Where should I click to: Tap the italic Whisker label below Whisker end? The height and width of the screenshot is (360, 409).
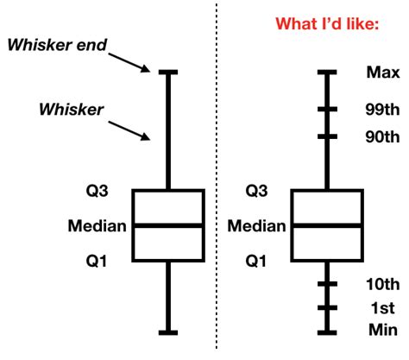click(72, 109)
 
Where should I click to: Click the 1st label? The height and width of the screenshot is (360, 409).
click(381, 307)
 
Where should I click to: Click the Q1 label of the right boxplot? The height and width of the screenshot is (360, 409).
click(257, 260)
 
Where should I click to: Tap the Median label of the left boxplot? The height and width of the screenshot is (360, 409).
click(97, 226)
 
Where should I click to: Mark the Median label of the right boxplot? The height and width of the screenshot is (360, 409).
click(255, 226)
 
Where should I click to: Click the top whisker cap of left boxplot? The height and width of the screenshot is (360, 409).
click(167, 73)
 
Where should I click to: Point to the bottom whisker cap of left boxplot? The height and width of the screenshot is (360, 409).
click(167, 331)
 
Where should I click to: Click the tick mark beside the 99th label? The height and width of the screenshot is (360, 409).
click(327, 110)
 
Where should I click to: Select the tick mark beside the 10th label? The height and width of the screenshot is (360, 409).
click(327, 283)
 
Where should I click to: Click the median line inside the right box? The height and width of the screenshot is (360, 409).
click(327, 225)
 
